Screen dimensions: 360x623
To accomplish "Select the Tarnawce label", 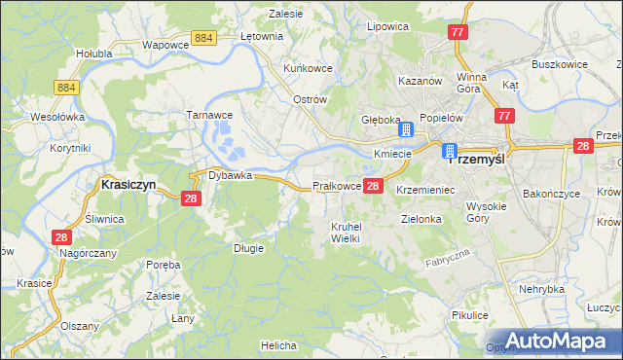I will (x=207, y=114).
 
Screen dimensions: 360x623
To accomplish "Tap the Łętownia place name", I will (x=261, y=36).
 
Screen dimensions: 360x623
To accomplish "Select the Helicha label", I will (x=278, y=344).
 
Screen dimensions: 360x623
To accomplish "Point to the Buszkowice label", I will (x=559, y=64).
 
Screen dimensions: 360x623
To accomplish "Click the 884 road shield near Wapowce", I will (x=203, y=37).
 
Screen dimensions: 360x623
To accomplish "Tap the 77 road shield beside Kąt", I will (x=503, y=116).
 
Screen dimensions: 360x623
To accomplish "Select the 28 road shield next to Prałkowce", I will (x=374, y=185).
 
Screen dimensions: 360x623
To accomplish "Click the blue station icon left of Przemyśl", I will (x=450, y=151).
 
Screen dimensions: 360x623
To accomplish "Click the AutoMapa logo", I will (x=559, y=340).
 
